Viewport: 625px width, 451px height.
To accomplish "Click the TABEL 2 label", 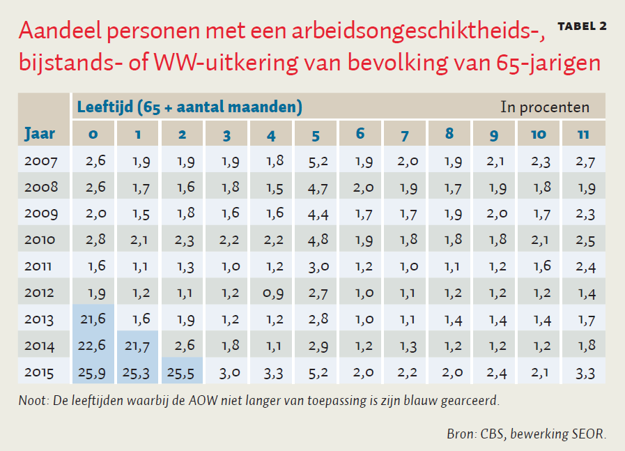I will tap(582, 26).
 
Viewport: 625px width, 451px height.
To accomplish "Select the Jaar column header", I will tap(40, 133).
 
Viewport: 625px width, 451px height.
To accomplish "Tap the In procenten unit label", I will tap(545, 107).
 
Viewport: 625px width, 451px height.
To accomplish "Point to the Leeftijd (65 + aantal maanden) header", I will tap(190, 107).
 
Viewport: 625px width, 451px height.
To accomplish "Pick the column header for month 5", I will tap(316, 134).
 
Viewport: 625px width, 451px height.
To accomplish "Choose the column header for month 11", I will tap(583, 134).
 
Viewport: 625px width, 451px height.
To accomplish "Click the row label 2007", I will tap(40, 161).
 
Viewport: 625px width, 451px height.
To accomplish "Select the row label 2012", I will tap(40, 293).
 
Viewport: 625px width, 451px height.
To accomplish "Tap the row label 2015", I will tap(40, 372).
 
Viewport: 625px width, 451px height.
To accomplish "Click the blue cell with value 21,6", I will tap(93, 319).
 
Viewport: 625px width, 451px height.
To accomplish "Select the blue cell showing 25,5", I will tap(183, 372).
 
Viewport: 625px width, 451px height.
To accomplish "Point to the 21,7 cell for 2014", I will tap(138, 345).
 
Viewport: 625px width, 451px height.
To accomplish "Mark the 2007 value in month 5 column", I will tap(316, 161).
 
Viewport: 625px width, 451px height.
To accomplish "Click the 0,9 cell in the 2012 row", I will tap(272, 293).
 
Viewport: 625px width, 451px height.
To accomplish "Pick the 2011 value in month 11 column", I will tap(583, 266).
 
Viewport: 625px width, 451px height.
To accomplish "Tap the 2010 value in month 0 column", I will tap(93, 240).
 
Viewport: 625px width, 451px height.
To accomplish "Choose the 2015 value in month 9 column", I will tap(494, 372).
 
